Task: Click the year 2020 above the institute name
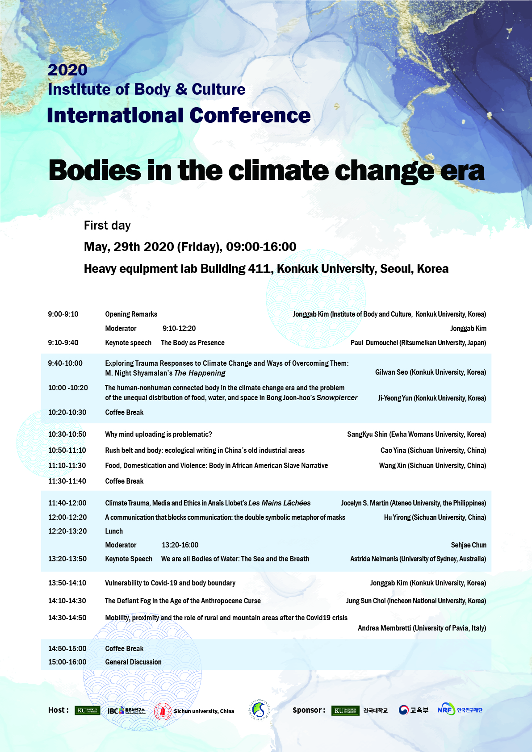pos(67,70)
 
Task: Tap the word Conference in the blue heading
pos(251,116)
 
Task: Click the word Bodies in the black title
pos(95,171)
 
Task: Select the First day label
pos(107,226)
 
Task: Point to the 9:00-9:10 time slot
pos(63,314)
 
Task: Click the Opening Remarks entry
pos(131,314)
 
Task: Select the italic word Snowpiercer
pos(337,398)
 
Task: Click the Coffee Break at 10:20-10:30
pos(124,413)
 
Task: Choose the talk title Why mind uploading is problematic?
pos(159,434)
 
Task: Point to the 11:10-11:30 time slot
pos(67,466)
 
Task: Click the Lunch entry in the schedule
pos(114,531)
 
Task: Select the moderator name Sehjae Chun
pos(468,545)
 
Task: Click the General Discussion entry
pos(133,662)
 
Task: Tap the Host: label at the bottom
pos(59,710)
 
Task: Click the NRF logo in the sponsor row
pos(446,710)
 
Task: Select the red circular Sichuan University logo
pos(163,711)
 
